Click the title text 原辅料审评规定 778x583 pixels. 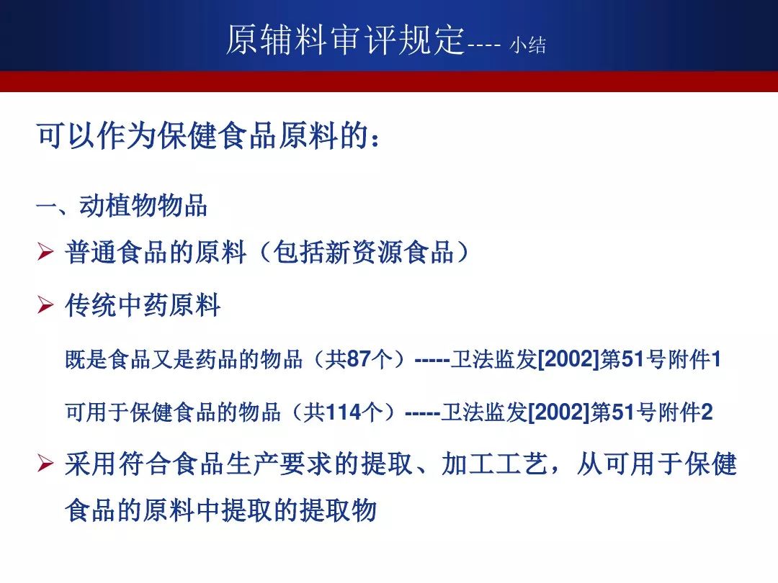coord(346,39)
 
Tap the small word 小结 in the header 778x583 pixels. coord(528,45)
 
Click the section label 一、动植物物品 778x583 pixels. coord(122,205)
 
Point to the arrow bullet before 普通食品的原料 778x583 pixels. coord(45,252)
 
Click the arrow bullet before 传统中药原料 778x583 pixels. coord(45,305)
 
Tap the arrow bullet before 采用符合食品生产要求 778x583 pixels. coord(45,464)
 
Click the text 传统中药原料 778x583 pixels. coord(143,305)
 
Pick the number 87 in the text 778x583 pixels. coord(359,359)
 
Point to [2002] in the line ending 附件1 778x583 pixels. coord(568,359)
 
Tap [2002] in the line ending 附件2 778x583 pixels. coord(559,412)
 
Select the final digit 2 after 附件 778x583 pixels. coord(707,412)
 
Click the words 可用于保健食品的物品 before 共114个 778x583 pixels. coord(173,412)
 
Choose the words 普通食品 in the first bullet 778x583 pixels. coord(116,252)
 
